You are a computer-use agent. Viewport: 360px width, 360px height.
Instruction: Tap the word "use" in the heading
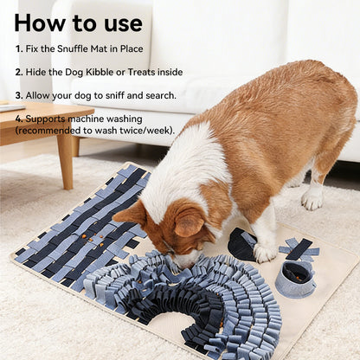[x=119, y=22]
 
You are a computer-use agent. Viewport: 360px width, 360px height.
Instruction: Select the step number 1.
[x=18, y=49]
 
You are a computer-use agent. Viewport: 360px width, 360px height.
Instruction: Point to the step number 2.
[x=18, y=72]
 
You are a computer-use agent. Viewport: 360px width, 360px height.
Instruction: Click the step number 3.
[x=18, y=94]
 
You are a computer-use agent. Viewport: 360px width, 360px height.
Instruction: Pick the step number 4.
[x=18, y=117]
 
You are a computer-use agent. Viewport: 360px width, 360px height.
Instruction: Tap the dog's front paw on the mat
[x=265, y=252]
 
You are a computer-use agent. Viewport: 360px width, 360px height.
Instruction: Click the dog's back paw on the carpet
[x=312, y=199]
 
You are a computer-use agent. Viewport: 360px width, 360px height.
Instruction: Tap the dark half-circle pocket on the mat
[x=241, y=245]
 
